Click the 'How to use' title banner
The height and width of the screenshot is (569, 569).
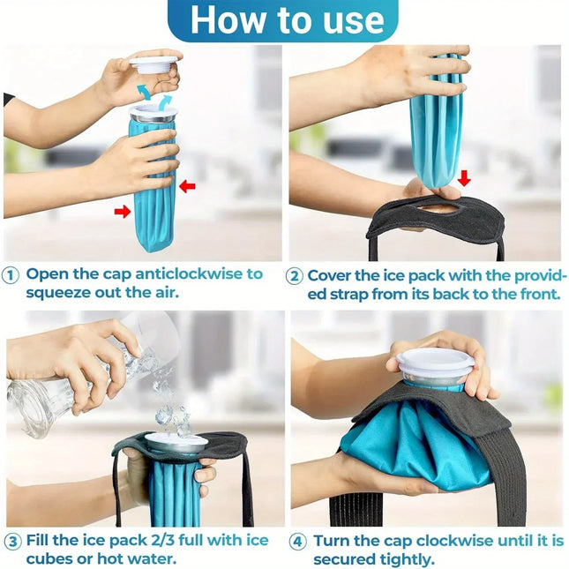point(284,21)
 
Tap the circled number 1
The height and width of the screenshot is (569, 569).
point(11,274)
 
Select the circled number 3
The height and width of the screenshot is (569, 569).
point(12,541)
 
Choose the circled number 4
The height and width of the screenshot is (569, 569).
point(297,541)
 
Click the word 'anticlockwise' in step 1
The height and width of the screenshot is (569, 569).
point(164,273)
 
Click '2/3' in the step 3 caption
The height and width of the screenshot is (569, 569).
point(156,540)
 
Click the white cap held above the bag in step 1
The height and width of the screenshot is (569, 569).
point(153,64)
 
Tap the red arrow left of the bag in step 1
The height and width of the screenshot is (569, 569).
point(123,211)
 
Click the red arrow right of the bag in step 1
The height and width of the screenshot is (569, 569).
point(187,186)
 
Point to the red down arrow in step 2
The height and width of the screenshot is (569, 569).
point(464,178)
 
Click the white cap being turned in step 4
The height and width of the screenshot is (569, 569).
point(430,363)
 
